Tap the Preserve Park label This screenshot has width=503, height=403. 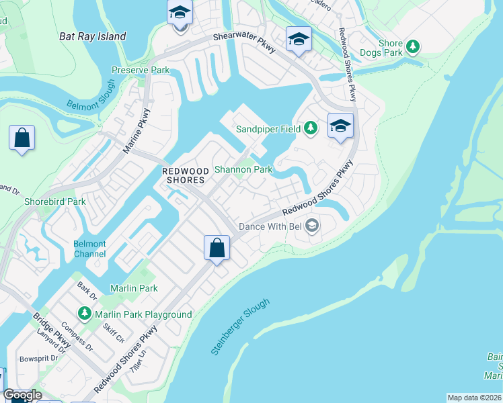pyautogui.click(x=141, y=70)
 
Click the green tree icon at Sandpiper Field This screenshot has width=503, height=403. pyautogui.click(x=310, y=127)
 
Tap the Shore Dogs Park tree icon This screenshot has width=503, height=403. pyautogui.click(x=414, y=47)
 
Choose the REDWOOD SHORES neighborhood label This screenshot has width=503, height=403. pyautogui.click(x=186, y=175)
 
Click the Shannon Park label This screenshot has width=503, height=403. pyautogui.click(x=243, y=169)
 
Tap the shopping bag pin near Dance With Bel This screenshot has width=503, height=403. pyautogui.click(x=217, y=248)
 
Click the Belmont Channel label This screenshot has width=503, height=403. pyautogui.click(x=90, y=249)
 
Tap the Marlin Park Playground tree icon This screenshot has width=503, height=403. pyautogui.click(x=84, y=313)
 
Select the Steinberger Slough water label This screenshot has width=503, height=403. pyautogui.click(x=240, y=326)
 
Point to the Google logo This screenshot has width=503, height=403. pyautogui.click(x=22, y=395)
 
